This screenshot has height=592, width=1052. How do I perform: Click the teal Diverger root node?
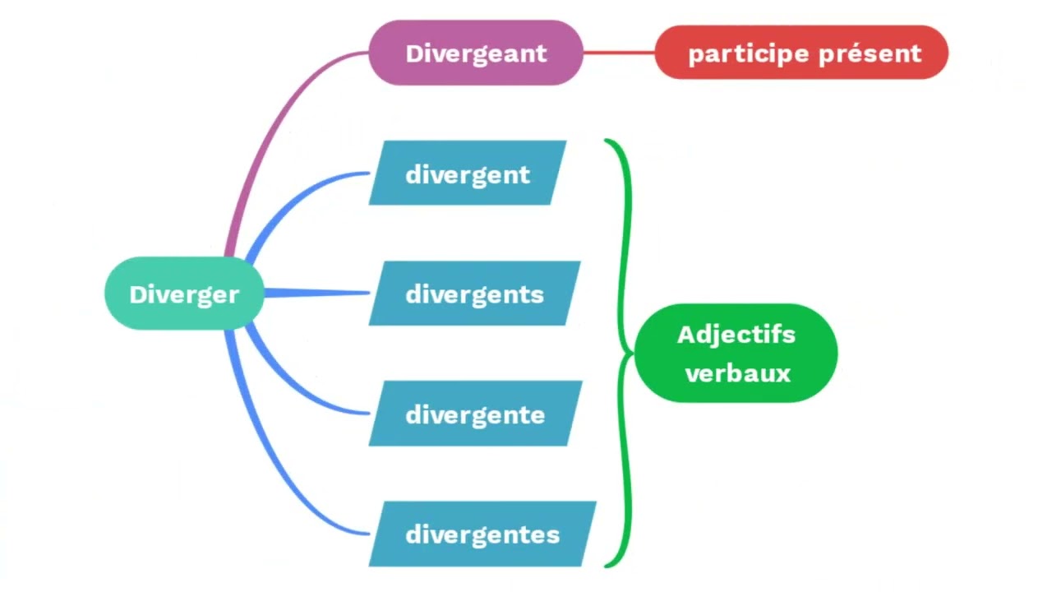click(184, 294)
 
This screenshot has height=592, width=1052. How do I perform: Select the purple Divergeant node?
click(476, 53)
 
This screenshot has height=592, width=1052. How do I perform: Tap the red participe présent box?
click(802, 53)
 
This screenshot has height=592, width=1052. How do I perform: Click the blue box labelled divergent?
click(467, 173)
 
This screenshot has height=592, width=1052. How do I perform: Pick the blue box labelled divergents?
click(474, 294)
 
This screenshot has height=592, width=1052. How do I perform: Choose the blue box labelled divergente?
click(475, 414)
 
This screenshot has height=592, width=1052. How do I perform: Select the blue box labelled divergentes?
click(482, 534)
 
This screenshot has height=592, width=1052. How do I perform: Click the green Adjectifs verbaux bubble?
click(736, 354)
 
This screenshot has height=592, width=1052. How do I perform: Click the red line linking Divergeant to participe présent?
click(619, 53)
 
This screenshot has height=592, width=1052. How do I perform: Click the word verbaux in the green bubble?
click(737, 373)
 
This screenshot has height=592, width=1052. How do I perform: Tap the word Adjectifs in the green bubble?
click(736, 335)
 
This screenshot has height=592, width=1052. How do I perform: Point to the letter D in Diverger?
click(137, 294)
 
